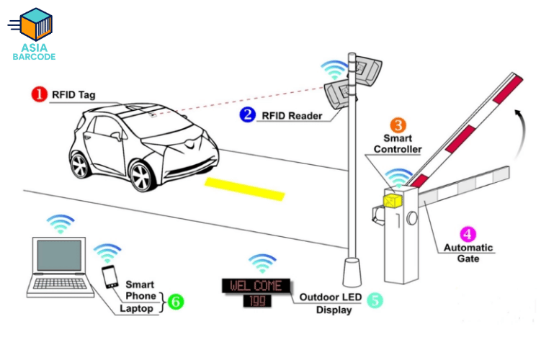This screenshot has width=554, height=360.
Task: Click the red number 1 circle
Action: [x=39, y=94]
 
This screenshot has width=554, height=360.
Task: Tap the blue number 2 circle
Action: [x=247, y=114]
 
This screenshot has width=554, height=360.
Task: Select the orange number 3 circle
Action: [x=398, y=125]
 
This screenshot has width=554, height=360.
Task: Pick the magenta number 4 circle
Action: [x=468, y=234]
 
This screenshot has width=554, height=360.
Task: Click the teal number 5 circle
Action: [x=375, y=300]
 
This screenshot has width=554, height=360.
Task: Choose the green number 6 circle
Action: [x=176, y=302]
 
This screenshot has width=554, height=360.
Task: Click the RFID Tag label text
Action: [x=73, y=95]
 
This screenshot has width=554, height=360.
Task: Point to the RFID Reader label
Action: [x=292, y=116]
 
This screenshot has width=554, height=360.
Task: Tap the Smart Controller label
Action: [x=398, y=144]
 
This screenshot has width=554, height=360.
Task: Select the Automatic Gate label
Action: [x=468, y=253]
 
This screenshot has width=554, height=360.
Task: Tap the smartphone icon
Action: [x=110, y=276]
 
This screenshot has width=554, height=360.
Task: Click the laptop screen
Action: [x=59, y=256]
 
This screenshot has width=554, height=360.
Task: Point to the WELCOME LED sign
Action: [x=256, y=286]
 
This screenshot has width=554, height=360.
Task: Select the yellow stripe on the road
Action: [x=244, y=189]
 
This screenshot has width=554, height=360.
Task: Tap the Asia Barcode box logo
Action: [x=35, y=24]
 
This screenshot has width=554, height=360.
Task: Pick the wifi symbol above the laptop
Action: [x=61, y=223]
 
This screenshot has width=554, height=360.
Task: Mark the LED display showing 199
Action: [x=257, y=301]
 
